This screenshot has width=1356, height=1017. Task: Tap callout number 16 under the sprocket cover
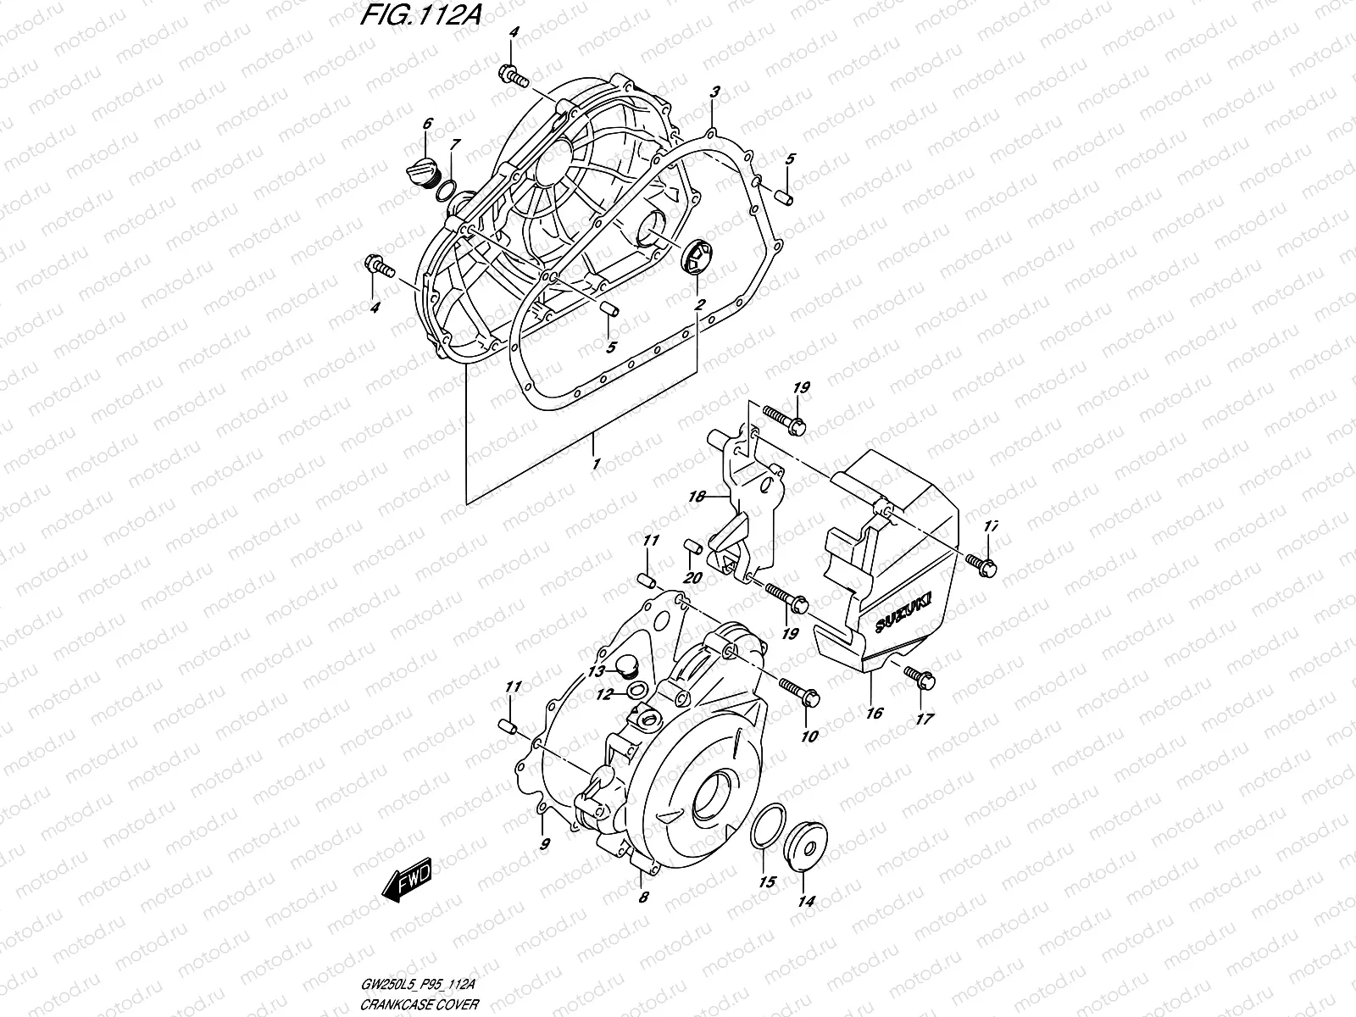[x=874, y=713]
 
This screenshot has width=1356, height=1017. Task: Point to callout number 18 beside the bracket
[x=697, y=497]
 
